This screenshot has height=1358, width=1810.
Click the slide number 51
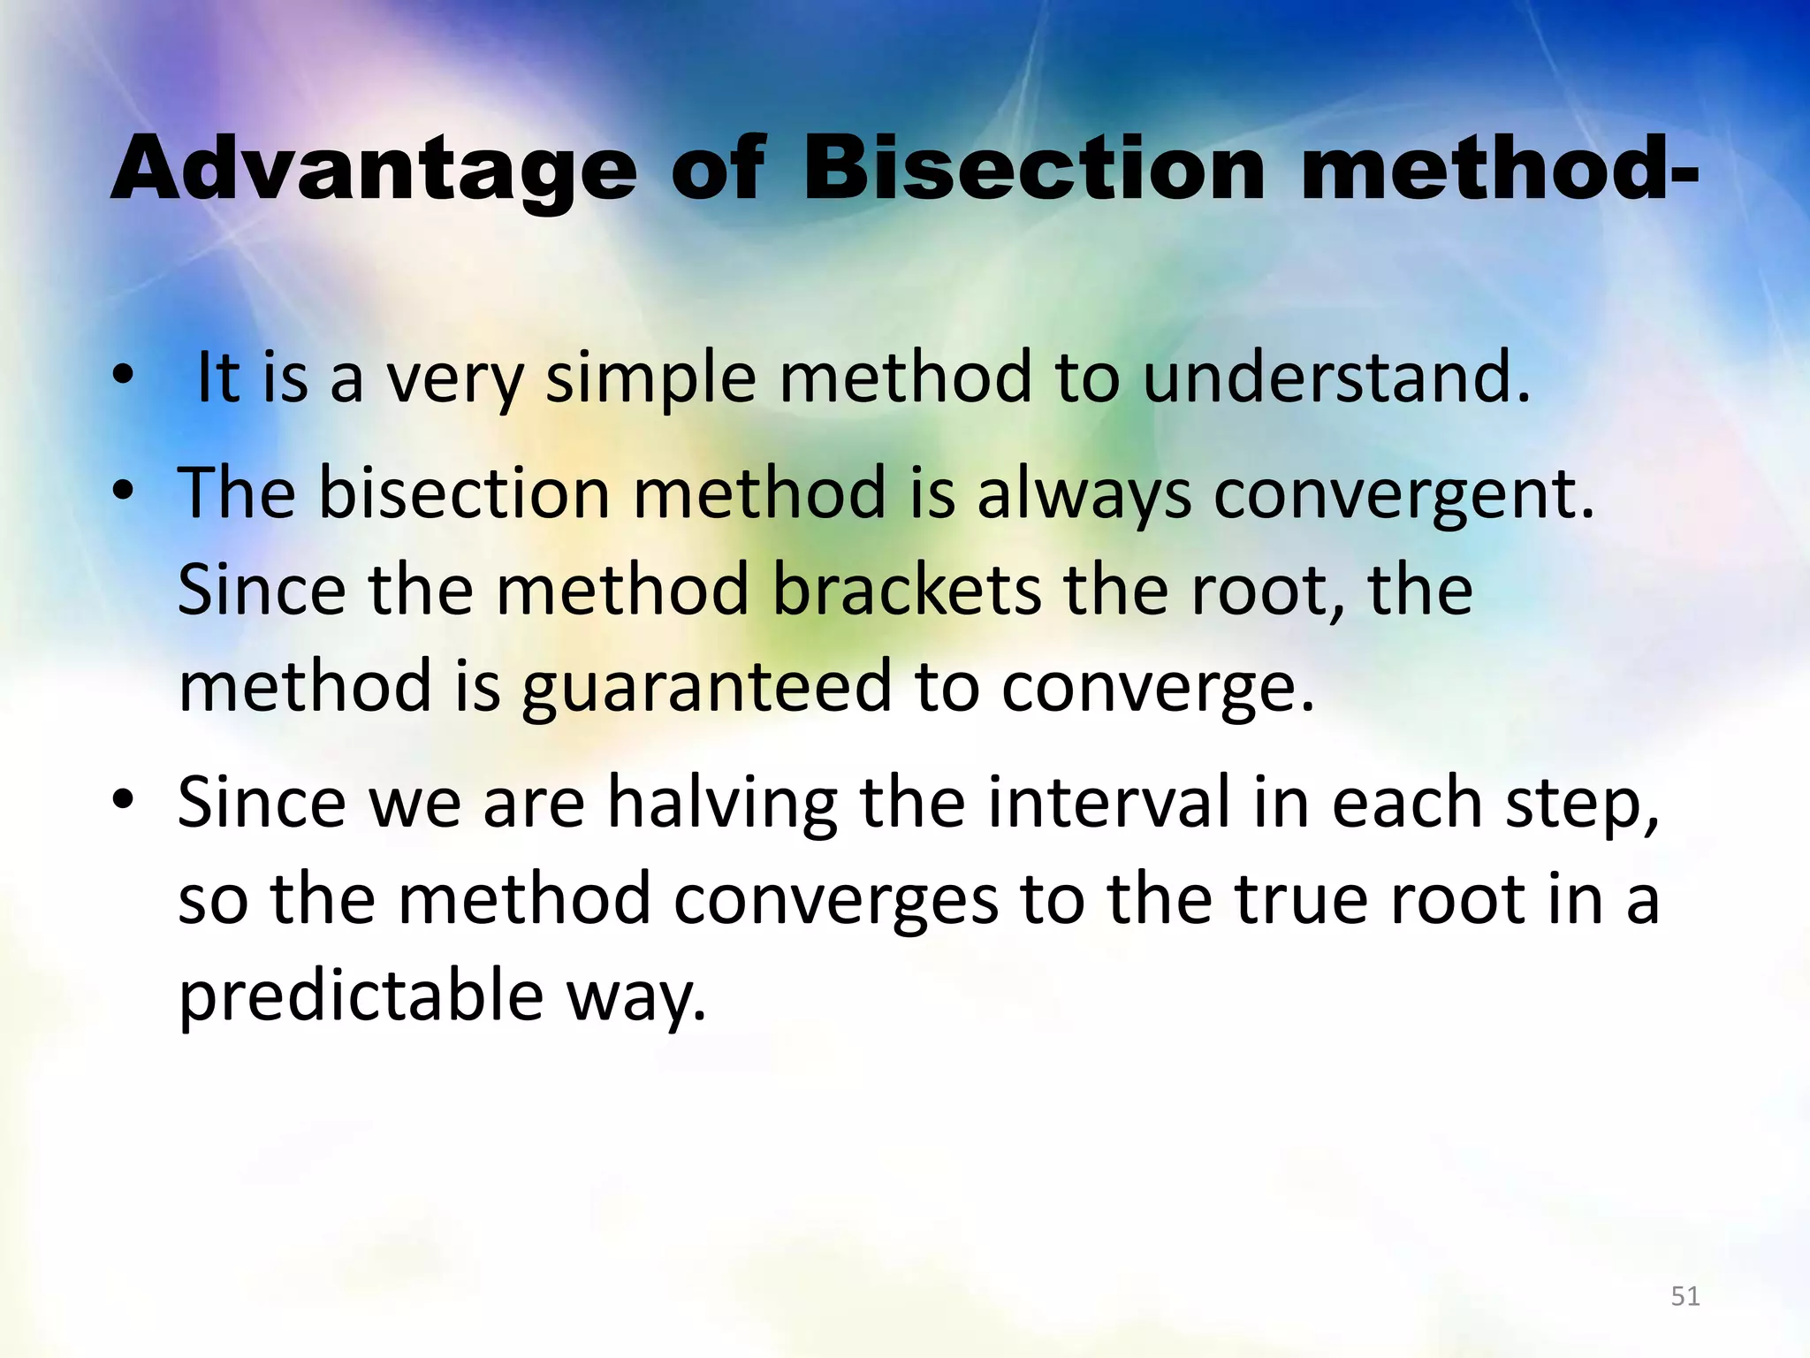[x=1685, y=1296]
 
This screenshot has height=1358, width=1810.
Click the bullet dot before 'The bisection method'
[x=123, y=492]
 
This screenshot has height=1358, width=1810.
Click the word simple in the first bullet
[x=650, y=378]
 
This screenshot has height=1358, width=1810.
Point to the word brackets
[x=906, y=590]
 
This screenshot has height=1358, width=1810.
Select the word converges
[x=835, y=900]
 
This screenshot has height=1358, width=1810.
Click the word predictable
[x=361, y=996]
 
